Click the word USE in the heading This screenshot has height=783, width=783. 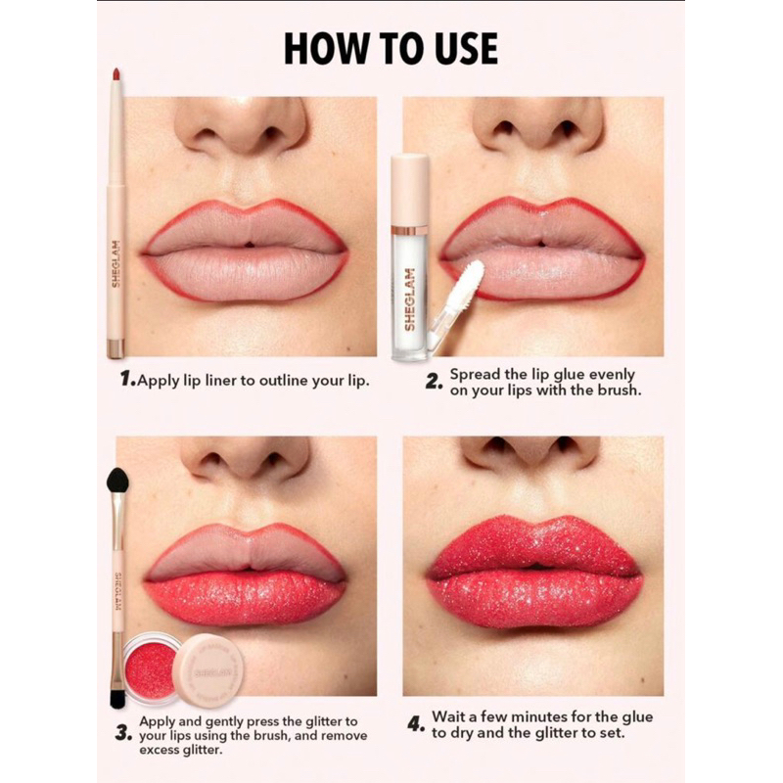click(467, 48)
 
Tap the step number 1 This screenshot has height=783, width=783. click(127, 380)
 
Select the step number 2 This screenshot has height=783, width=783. click(433, 382)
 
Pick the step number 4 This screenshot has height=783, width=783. click(415, 724)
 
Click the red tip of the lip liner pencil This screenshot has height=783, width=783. click(115, 74)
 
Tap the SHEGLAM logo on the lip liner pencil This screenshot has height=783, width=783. click(115, 263)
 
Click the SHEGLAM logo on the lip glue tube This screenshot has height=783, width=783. click(409, 299)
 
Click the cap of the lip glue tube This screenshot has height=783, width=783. click(410, 190)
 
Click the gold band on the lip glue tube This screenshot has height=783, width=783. click(409, 231)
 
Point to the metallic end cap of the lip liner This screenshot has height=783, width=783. click(115, 348)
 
